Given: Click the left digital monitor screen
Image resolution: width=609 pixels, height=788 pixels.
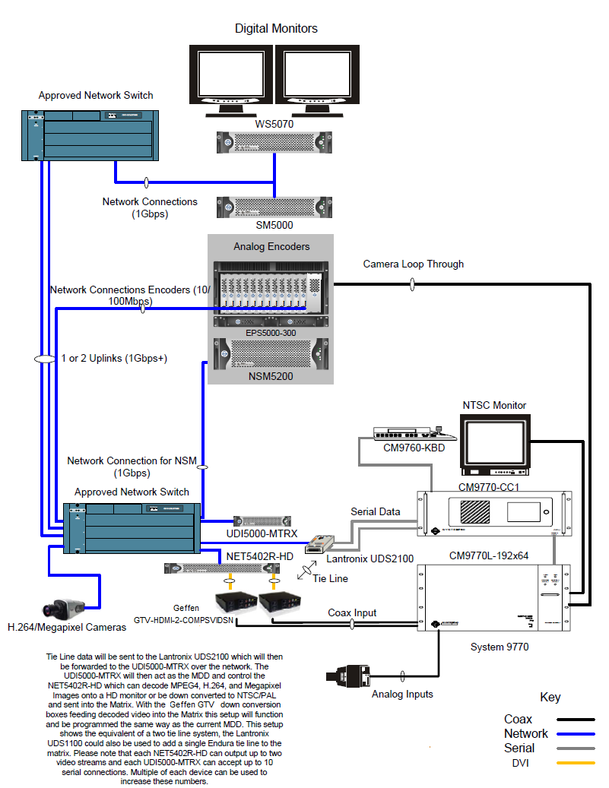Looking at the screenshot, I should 230,77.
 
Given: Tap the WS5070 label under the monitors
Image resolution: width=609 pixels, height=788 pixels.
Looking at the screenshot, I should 274,123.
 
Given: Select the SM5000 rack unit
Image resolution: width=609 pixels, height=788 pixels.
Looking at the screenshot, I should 274,207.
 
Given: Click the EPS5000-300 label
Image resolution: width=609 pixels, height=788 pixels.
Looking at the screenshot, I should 271,332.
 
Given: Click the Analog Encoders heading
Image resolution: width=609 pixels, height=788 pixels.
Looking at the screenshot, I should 271,246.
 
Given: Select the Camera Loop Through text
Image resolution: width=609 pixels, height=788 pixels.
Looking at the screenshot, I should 413,264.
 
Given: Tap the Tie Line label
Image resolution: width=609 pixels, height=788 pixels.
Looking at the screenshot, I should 331,578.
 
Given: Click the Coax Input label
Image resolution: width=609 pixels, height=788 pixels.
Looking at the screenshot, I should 352,612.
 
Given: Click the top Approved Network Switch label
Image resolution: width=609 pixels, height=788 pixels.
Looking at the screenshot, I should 96,95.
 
